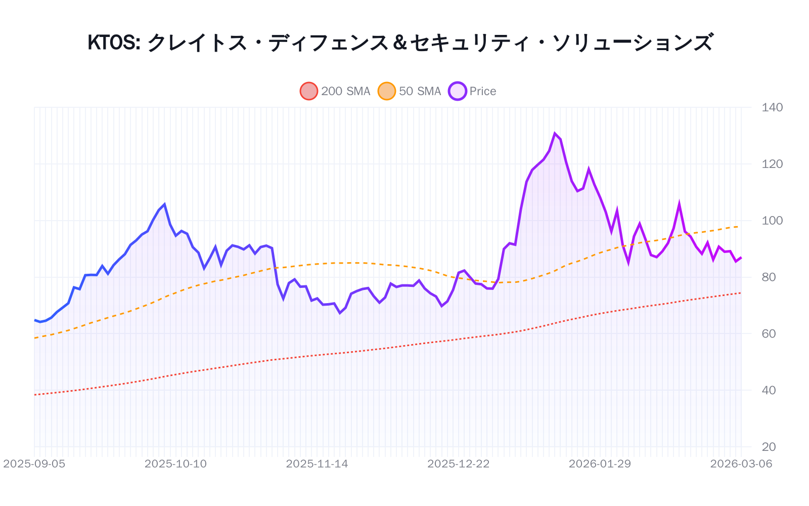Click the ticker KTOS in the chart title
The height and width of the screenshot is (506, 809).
point(113,43)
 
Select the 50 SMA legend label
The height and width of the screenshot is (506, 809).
point(420,91)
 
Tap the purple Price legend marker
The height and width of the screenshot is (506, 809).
point(458,91)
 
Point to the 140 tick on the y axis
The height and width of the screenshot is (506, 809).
point(772,107)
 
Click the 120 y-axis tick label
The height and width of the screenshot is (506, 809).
point(772,164)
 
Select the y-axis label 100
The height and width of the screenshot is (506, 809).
point(772,221)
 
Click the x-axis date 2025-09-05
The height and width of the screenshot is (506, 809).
point(34,464)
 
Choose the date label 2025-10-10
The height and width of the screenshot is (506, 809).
point(175,464)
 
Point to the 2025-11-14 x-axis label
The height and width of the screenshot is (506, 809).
point(317,464)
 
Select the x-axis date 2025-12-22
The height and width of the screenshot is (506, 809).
point(459,464)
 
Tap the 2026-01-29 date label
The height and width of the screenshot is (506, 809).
point(600,464)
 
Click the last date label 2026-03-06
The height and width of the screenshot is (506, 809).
point(741,464)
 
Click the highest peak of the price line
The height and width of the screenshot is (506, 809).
point(555,134)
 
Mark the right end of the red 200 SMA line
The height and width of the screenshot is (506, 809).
point(741,293)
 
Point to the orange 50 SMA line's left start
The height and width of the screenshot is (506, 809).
point(35,338)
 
